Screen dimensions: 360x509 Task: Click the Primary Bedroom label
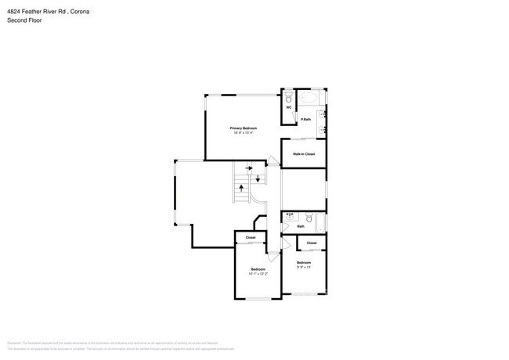243,128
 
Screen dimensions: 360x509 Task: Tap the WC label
289,107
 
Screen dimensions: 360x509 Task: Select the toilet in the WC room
289,98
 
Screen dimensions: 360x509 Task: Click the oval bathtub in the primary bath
309,99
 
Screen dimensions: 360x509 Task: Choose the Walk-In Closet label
303,154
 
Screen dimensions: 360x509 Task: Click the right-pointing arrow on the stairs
248,167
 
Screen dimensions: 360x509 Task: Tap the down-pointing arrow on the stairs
258,178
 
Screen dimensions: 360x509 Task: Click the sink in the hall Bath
290,217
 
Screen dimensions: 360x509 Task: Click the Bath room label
300,226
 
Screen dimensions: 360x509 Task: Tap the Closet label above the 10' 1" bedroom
251,237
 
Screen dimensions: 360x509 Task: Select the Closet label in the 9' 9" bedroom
312,243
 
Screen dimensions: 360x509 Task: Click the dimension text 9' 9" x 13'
303,267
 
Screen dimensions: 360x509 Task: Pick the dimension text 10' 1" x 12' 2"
258,273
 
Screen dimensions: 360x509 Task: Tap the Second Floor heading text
24,20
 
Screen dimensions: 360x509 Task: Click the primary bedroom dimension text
243,132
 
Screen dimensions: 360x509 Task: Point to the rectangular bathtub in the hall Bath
323,221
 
